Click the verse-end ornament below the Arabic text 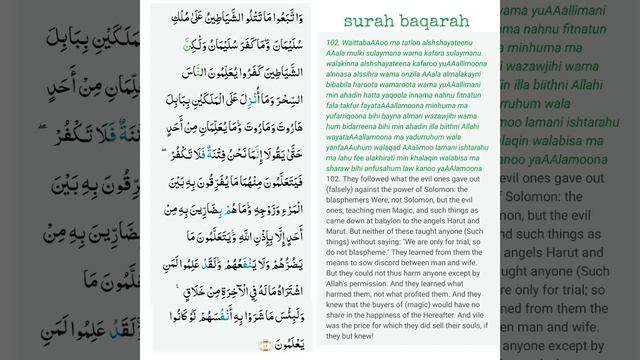tap(266, 345)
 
